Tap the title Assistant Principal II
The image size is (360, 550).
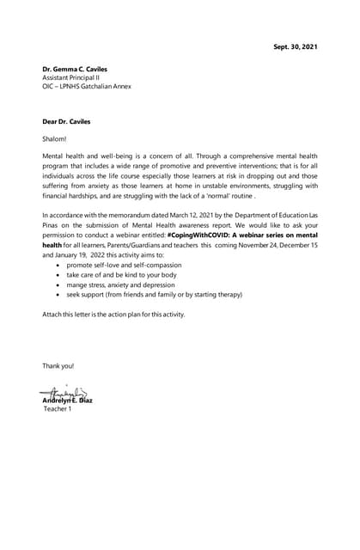[x=71, y=77]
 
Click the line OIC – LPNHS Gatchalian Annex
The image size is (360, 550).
[x=87, y=86]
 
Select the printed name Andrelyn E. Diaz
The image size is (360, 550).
[x=68, y=401]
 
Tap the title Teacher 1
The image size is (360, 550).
[x=58, y=409]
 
